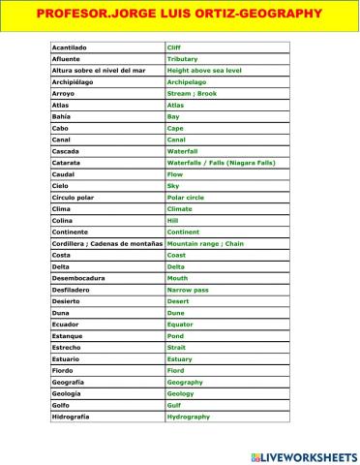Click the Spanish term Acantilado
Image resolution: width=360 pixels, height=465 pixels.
(x=69, y=46)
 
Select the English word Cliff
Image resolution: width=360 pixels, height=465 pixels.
(x=174, y=46)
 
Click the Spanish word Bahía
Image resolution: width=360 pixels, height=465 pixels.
(x=63, y=116)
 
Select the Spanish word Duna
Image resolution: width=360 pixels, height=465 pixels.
(x=61, y=312)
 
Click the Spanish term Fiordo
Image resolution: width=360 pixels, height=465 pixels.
(x=63, y=370)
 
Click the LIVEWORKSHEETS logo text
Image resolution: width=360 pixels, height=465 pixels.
(x=307, y=454)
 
